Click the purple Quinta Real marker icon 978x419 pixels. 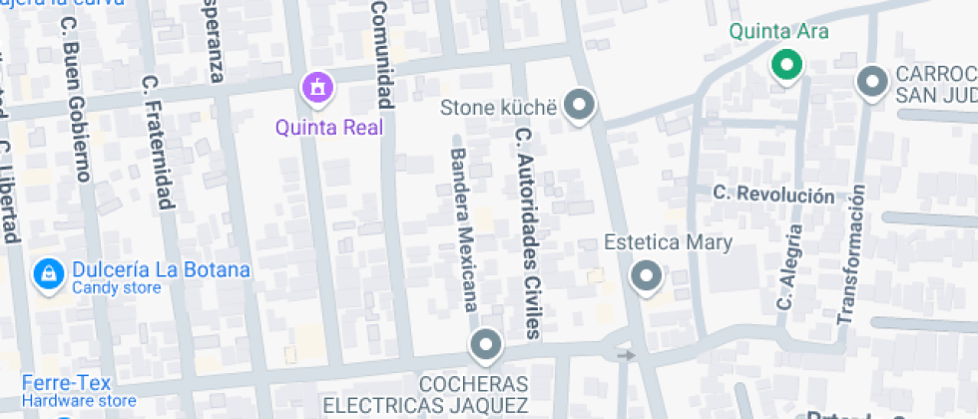point(317,88)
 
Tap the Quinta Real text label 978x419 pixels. point(329,127)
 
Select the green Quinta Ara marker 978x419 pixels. point(786,66)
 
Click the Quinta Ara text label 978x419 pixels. point(778,31)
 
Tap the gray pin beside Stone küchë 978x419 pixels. point(578,103)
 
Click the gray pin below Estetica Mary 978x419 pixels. point(647,276)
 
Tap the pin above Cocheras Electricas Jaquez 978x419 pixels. point(486,345)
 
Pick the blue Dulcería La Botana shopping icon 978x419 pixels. point(47,272)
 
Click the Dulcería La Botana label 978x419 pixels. point(160,270)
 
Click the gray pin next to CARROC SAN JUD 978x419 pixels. point(873,82)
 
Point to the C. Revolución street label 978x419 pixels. point(774,195)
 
